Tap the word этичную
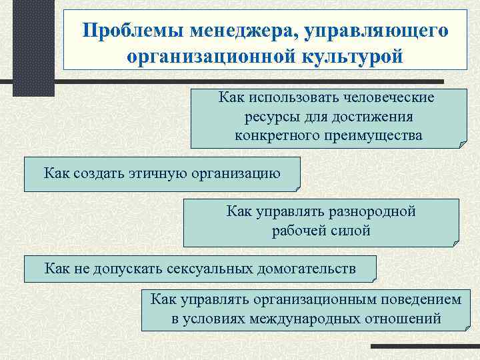[x=156, y=174]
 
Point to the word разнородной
[x=373, y=211]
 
